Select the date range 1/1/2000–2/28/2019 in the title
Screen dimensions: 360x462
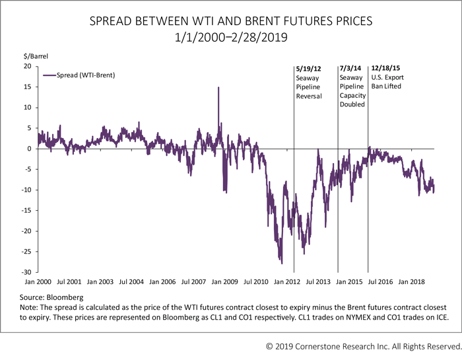(x=231, y=38)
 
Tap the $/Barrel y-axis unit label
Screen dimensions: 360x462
(x=34, y=57)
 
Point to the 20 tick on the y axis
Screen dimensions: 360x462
(x=28, y=67)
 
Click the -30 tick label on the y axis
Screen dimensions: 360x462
(x=26, y=272)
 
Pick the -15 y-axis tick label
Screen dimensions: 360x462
(x=26, y=211)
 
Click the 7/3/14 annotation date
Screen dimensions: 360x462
(x=350, y=68)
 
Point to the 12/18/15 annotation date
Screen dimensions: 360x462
(x=387, y=68)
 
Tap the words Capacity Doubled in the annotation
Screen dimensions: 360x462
(x=352, y=100)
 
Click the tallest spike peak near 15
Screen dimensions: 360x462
(x=218, y=87)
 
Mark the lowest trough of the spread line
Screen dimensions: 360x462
(x=282, y=264)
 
